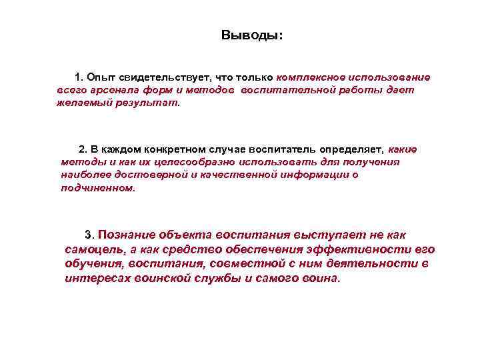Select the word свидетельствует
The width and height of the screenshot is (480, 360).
pyautogui.click(x=163, y=77)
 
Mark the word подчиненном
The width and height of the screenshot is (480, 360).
pyautogui.click(x=97, y=188)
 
